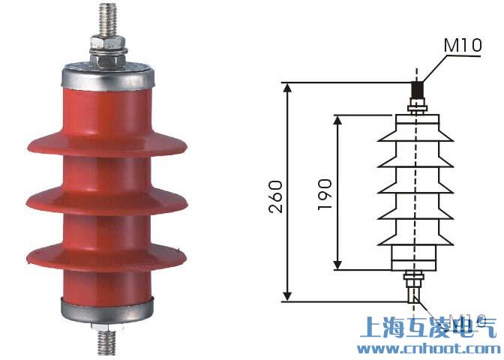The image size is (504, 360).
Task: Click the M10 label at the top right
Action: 461,46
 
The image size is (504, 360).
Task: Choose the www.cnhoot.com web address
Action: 427,349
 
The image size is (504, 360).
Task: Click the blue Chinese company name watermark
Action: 428,328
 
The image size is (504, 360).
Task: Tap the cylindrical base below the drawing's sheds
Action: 415,259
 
